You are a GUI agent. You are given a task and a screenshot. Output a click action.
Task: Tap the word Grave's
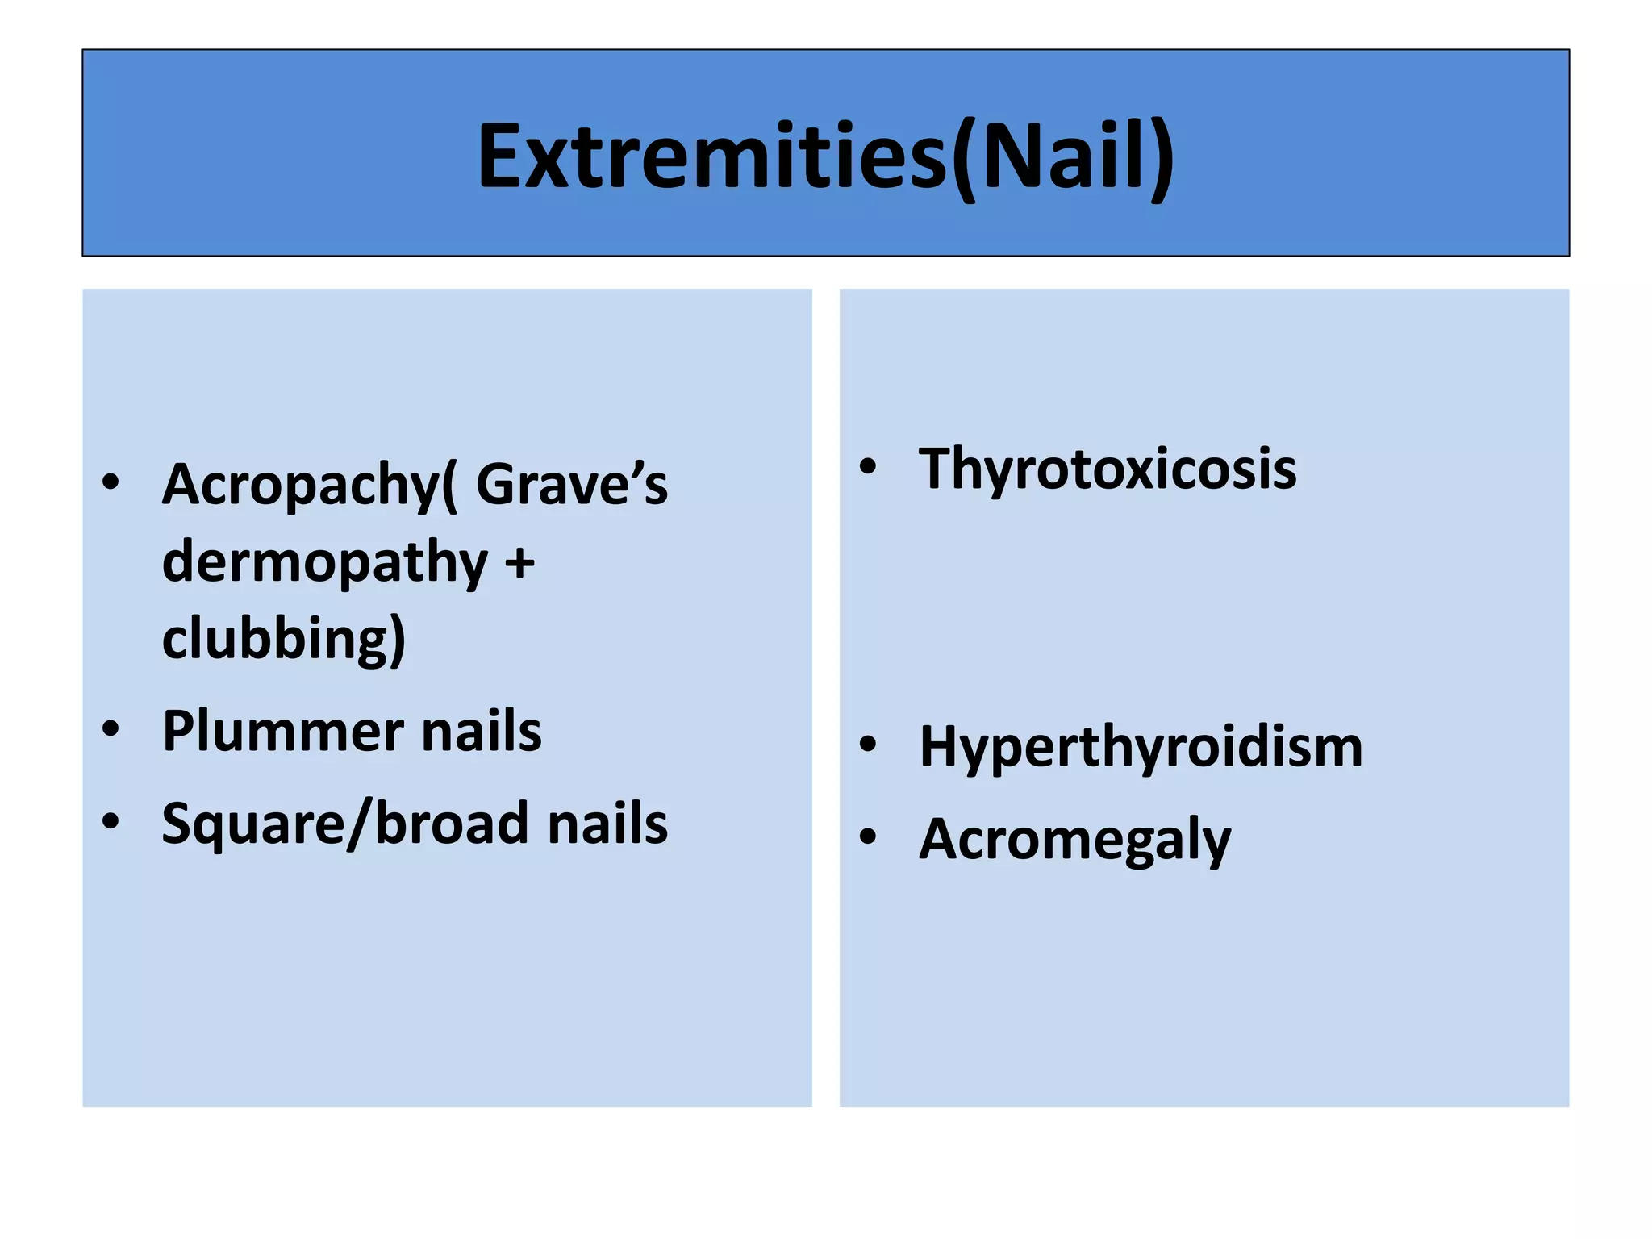571,485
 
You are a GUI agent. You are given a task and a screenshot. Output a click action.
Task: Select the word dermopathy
324,562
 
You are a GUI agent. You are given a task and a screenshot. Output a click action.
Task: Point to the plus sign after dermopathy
519,562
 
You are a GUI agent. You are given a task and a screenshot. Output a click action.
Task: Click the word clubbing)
283,638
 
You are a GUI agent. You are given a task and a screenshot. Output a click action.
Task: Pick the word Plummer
282,732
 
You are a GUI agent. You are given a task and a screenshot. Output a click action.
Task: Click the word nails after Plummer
482,732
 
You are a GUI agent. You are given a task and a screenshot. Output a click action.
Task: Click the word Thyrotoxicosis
1107,469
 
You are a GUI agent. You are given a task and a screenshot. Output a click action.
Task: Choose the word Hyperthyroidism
1141,747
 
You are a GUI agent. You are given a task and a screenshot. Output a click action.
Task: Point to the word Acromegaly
1074,840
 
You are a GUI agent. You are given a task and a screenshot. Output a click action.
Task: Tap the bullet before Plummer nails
111,729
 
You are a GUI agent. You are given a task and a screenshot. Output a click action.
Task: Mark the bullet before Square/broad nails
111,822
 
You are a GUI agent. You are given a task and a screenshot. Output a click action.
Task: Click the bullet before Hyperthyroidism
867,745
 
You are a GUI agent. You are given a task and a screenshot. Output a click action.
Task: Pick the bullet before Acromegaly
867,837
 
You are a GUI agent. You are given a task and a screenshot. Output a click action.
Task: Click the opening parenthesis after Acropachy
449,486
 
